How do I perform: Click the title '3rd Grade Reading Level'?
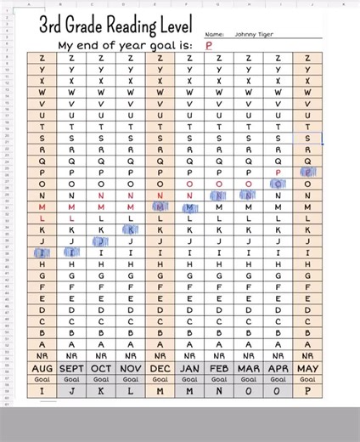(x=115, y=25)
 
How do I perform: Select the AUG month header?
(x=42, y=368)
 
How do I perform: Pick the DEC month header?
(x=159, y=368)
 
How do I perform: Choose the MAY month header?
(x=307, y=368)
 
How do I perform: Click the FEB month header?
(x=218, y=368)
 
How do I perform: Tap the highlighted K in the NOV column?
(x=130, y=229)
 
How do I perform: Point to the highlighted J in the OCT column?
(x=101, y=241)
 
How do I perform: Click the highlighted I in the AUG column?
(x=42, y=252)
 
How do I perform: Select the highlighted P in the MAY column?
(x=307, y=172)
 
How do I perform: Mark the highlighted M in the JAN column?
(x=188, y=207)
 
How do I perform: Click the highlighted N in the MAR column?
(x=248, y=195)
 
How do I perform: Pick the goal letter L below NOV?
(x=130, y=391)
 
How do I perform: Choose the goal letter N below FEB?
(x=218, y=391)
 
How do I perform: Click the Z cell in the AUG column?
(x=42, y=58)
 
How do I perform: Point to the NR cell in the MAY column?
(x=307, y=355)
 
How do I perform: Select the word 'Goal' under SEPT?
(x=72, y=379)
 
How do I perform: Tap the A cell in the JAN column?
(x=188, y=344)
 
